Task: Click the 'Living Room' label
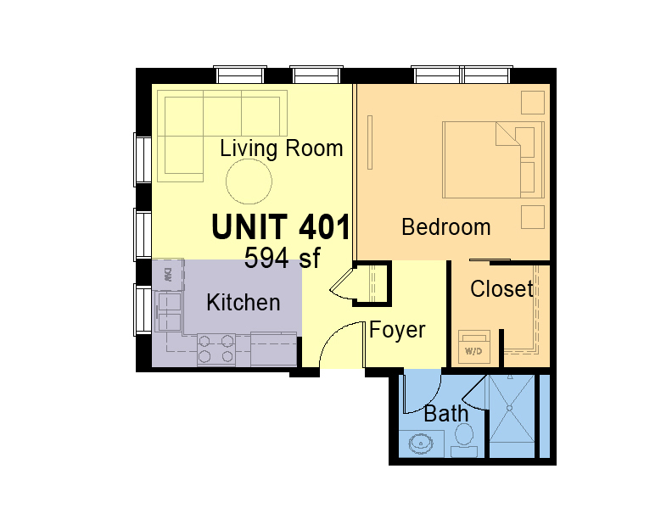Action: (281, 149)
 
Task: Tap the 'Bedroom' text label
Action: (445, 227)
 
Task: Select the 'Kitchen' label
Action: (243, 302)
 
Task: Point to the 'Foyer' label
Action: (397, 330)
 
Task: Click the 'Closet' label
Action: (501, 288)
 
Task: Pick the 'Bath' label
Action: (445, 414)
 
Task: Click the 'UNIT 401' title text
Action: (281, 227)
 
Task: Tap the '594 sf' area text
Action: (282, 258)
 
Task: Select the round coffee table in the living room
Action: (249, 181)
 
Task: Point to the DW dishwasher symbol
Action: (168, 275)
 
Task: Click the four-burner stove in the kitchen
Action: (216, 349)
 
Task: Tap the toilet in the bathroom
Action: (464, 440)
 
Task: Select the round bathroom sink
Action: (421, 444)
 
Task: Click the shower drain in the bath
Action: (510, 409)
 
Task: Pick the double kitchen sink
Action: (170, 312)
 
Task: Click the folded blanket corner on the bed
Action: (508, 134)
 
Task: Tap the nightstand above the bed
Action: (533, 102)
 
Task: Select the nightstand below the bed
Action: (533, 217)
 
